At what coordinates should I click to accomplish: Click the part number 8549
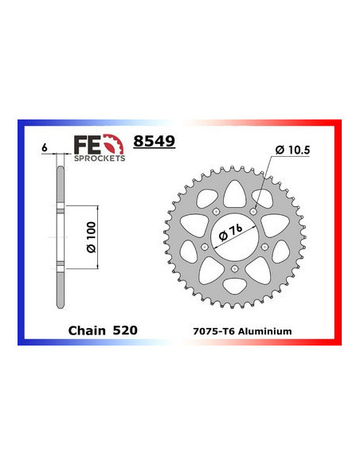154,142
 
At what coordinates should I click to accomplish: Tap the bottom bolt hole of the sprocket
235,269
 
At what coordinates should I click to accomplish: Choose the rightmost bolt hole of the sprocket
266,247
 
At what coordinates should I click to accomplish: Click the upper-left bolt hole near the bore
217,211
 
